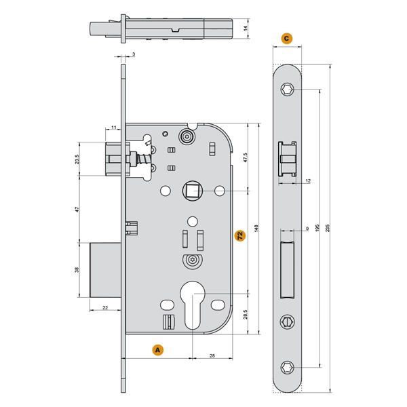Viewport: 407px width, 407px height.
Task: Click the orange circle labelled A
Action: pos(158,350)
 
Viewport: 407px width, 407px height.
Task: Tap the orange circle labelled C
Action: pos(286,39)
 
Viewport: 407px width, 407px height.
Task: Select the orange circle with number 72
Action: pos(240,235)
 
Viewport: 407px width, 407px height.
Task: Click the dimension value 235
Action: pos(328,228)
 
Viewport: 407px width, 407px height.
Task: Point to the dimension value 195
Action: pos(317,228)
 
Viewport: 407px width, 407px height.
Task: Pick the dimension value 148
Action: pos(256,229)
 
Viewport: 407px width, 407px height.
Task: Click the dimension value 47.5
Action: pos(246,157)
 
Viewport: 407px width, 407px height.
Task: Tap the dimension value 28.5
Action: pos(246,314)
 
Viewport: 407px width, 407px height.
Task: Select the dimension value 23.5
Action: pos(77,159)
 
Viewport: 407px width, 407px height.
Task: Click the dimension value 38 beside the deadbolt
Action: pos(77,270)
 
